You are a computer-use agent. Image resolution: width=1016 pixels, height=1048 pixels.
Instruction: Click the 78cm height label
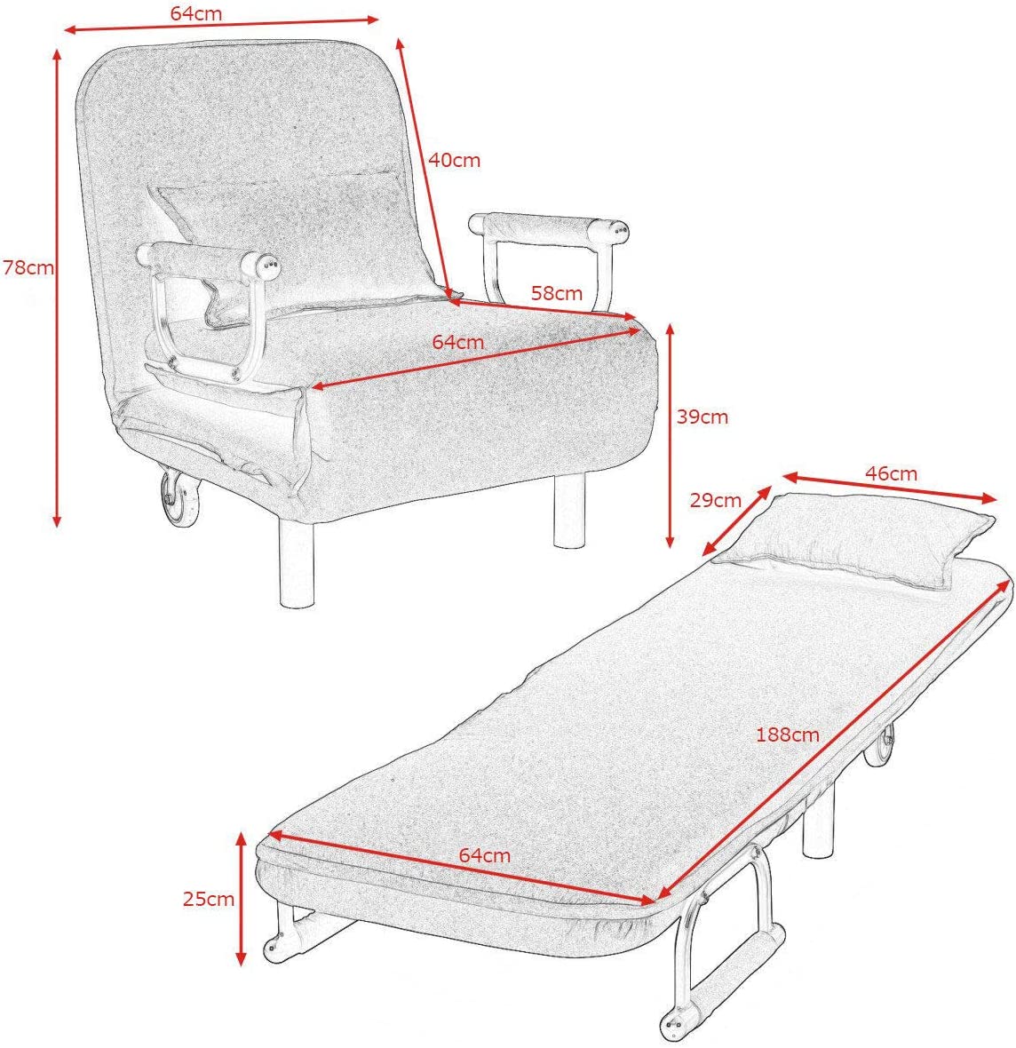tap(28, 267)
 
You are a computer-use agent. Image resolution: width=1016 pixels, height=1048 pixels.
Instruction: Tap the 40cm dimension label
tap(455, 160)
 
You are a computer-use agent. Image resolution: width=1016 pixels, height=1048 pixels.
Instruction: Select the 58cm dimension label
tap(557, 293)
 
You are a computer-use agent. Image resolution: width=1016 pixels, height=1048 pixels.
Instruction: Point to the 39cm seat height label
tap(702, 417)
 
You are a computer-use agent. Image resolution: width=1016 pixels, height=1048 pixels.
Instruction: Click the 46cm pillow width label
tap(891, 473)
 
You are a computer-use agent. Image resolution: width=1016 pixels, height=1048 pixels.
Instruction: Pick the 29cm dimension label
tap(716, 500)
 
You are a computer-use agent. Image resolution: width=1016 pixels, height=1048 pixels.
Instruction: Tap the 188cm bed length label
tap(788, 734)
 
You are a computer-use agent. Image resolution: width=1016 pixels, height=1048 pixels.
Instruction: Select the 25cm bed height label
tap(209, 899)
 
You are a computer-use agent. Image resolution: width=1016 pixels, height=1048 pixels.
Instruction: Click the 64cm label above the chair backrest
tap(196, 13)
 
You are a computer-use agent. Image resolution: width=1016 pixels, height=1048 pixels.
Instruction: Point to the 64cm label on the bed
tap(485, 855)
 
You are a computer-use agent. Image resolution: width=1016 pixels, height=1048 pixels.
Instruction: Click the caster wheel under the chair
tap(179, 498)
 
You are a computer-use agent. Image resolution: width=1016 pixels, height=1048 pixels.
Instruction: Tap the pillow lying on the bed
tap(853, 540)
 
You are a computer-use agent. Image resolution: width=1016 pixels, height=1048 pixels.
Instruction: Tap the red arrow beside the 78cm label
tap(58, 288)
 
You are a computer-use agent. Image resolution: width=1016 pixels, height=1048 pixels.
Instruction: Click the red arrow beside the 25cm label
tap(242, 900)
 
